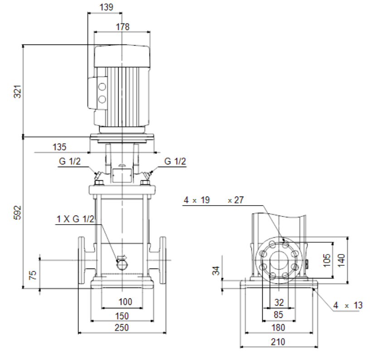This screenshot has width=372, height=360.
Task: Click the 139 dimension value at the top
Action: coord(106,7)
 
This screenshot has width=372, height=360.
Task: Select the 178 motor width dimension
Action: coord(123,27)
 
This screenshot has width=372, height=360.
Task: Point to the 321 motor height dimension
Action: coord(18,91)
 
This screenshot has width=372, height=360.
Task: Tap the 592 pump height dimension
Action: coord(18,212)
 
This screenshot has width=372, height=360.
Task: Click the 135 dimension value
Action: coord(59,147)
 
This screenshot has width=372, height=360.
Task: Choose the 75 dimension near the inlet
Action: coord(33,275)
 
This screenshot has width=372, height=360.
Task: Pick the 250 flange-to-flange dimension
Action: coord(122,327)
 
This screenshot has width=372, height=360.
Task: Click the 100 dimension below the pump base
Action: coord(125,302)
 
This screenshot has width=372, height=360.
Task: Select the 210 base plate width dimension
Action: coord(278,342)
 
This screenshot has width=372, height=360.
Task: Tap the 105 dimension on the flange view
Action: coord(327,260)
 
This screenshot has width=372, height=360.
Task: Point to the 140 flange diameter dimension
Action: coord(341,260)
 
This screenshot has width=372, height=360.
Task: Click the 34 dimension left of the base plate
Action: coord(216,271)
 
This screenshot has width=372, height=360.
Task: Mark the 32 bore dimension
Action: coord(279,302)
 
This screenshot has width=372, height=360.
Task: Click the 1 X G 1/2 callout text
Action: coord(75,219)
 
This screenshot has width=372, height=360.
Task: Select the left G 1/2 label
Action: coord(70,161)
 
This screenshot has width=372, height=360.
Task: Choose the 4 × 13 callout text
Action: coord(348,305)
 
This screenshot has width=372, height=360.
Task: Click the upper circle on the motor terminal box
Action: coord(102,87)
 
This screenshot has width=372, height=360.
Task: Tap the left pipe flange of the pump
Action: coord(81,260)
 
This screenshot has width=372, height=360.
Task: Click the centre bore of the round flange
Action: coord(279,260)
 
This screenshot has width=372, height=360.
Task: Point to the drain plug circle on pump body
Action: coord(122,264)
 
